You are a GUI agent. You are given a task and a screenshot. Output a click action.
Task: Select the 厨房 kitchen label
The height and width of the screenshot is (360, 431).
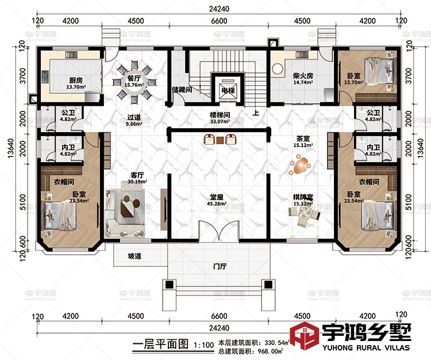[x=60, y=80]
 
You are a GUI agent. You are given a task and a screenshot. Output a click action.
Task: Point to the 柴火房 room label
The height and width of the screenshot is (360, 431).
[x=302, y=76]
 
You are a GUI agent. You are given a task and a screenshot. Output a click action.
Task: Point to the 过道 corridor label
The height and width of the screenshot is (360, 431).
[x=134, y=115]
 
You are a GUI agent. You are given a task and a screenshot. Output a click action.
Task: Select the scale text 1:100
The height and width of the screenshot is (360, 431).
[x=203, y=346]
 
